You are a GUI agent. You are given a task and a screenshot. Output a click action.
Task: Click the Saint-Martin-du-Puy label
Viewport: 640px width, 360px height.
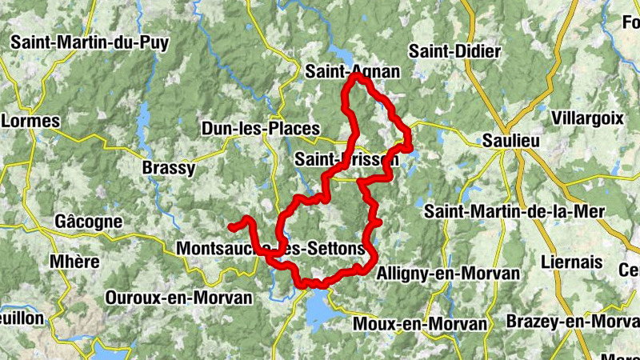pyautogui.click(x=89, y=42)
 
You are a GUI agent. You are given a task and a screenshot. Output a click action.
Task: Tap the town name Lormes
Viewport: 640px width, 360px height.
pyautogui.click(x=32, y=121)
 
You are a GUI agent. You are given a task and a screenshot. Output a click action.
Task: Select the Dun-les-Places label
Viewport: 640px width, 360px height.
pyautogui.click(x=260, y=128)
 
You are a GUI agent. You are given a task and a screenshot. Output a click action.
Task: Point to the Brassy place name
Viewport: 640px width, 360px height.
pyautogui.click(x=167, y=168)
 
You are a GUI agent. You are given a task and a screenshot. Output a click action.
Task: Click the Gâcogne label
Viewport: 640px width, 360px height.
pyautogui.click(x=88, y=221)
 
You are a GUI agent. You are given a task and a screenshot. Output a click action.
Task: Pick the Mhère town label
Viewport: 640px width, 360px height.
pyautogui.click(x=74, y=262)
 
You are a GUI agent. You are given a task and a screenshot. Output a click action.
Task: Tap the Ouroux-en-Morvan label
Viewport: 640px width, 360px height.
pyautogui.click(x=178, y=298)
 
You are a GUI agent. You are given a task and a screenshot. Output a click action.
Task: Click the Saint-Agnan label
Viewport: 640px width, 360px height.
pyautogui.click(x=352, y=71)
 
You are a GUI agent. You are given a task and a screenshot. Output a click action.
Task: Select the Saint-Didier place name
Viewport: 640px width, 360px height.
pyautogui.click(x=454, y=51)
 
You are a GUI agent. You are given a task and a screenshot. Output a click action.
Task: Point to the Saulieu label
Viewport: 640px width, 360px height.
pyautogui.click(x=512, y=140)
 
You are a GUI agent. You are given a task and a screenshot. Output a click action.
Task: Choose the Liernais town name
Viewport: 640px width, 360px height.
pyautogui.click(x=571, y=262)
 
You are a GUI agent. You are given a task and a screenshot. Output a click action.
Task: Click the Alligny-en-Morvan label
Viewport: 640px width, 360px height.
pyautogui.click(x=448, y=273)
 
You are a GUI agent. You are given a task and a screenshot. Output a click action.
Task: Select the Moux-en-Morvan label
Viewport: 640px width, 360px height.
pyautogui.click(x=419, y=324)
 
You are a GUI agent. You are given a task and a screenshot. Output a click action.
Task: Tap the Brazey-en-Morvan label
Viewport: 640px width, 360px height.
pyautogui.click(x=573, y=322)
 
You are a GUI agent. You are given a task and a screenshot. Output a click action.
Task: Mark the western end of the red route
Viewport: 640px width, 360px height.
pyautogui.click(x=230, y=226)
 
